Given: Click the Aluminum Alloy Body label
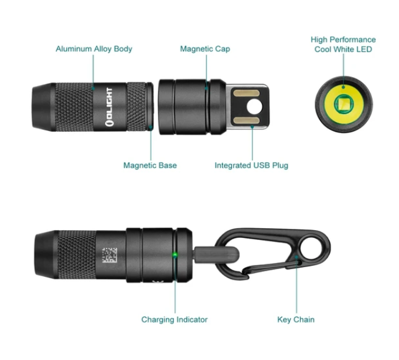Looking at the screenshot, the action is pos(94,49).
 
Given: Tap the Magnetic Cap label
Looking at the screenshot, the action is pos(205,49).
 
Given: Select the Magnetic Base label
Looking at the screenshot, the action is pos(150,165).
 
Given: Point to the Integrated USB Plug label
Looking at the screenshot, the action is pos(251,165).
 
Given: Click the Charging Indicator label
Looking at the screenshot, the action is pos(174,319).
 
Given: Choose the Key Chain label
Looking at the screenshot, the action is pos(296,319).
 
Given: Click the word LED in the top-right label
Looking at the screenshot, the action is pos(364,49).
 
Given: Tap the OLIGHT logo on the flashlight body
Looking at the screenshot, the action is pos(109,107).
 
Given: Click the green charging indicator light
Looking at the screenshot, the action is pos(175,254).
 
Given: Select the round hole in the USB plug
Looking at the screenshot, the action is pos(254,107).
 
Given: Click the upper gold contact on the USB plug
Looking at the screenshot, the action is pos(247,93).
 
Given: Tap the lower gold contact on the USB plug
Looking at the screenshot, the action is pos(247,120).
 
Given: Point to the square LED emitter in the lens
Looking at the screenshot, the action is pos(343,104).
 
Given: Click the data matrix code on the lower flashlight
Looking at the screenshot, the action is pos(110,255).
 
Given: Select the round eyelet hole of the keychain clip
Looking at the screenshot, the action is pos(310,248).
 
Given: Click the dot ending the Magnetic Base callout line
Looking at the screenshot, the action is pos(151,126).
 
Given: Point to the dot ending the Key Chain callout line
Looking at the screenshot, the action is pos(296,257).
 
